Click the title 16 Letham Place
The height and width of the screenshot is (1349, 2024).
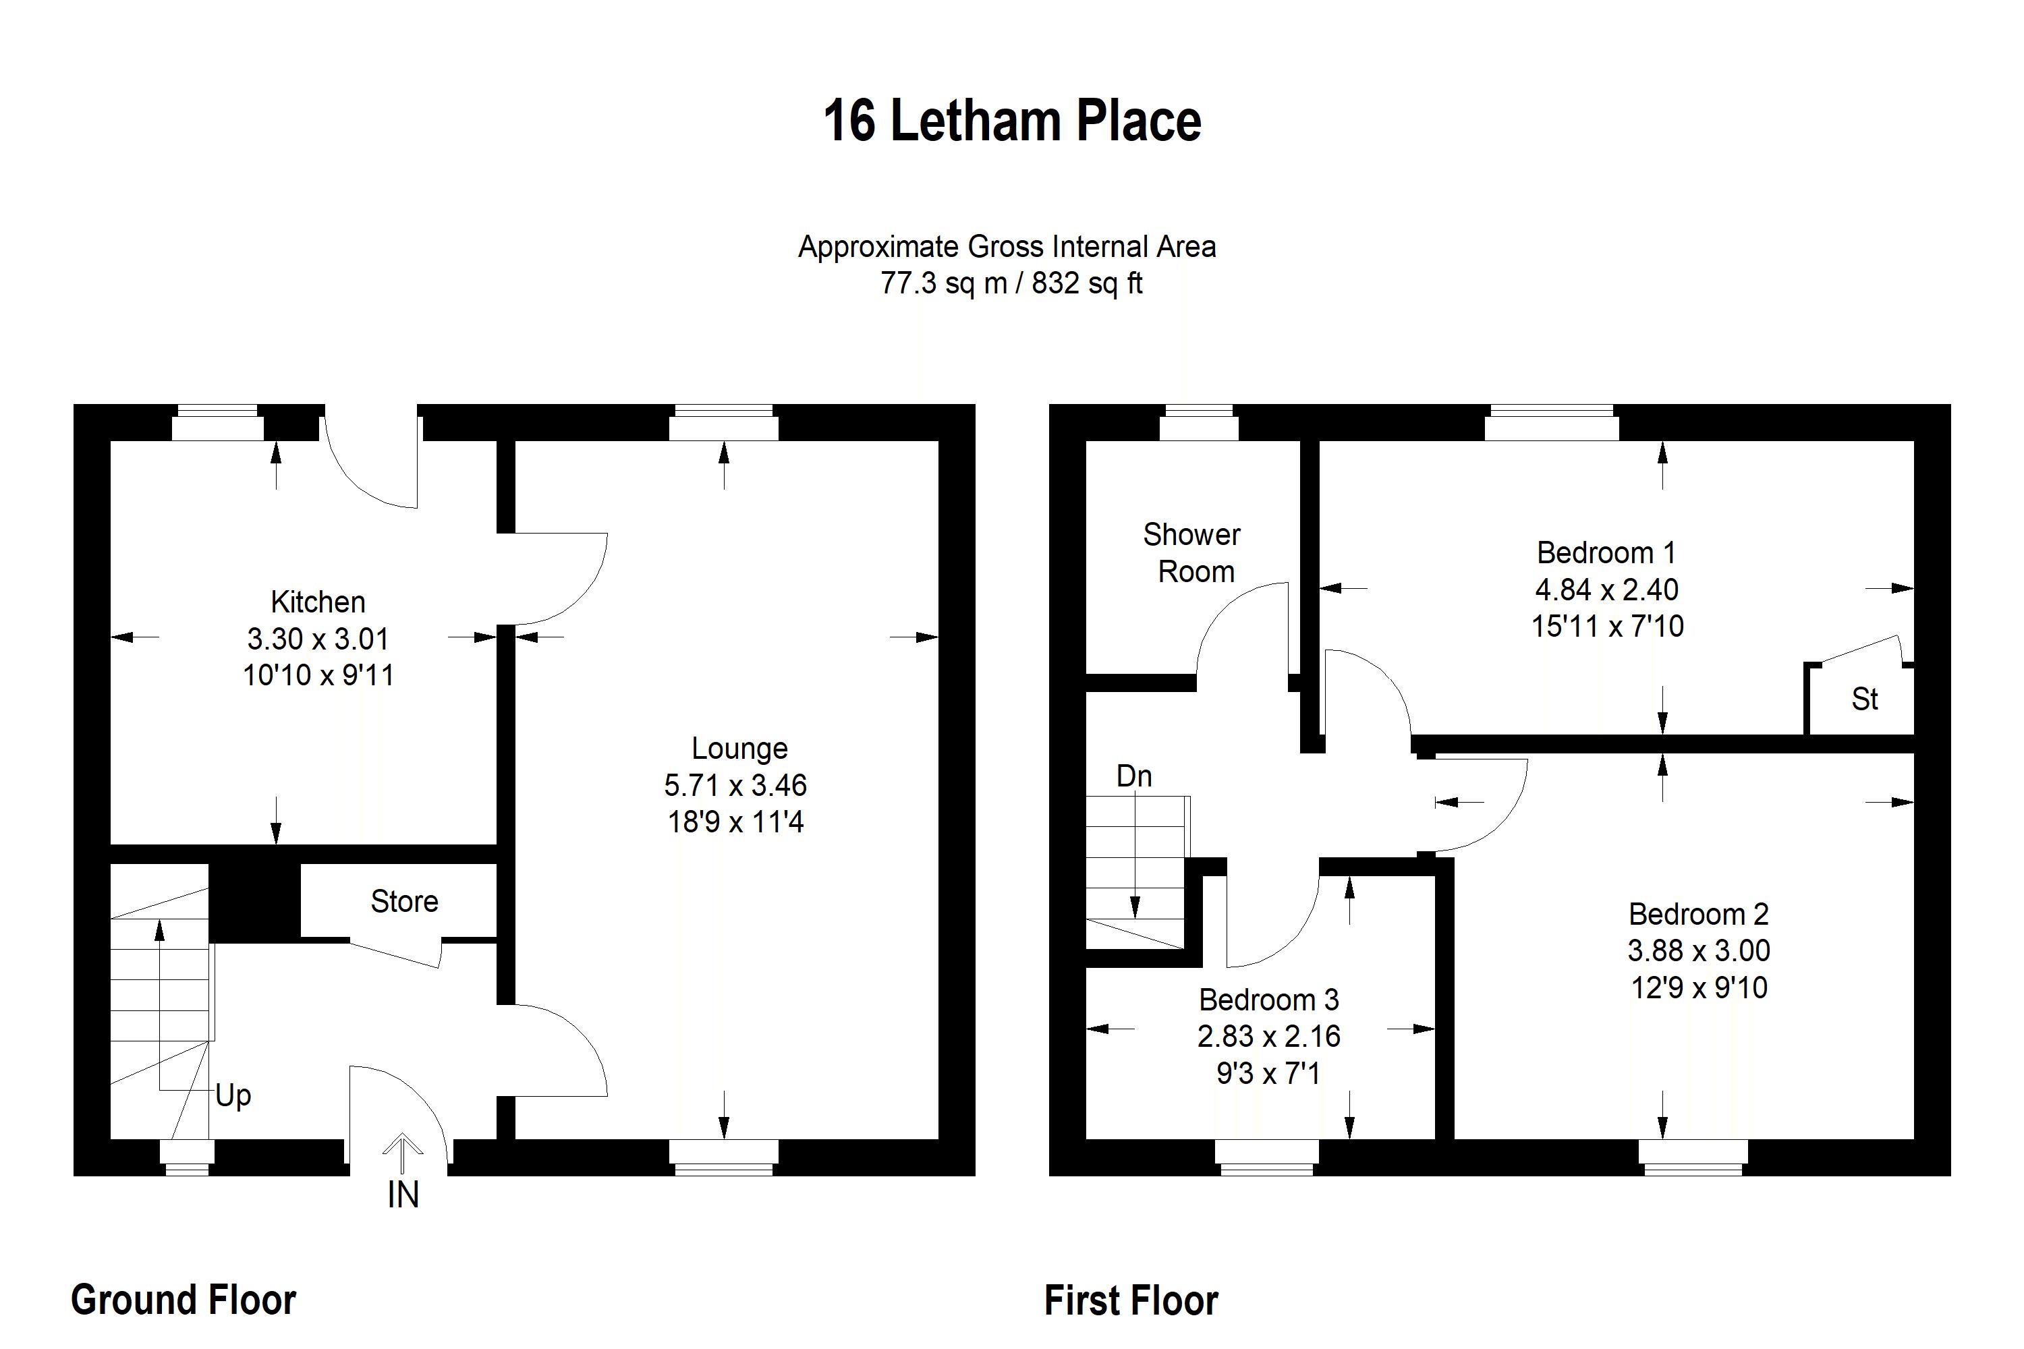[x=1011, y=121]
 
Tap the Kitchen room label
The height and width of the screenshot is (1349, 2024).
[x=318, y=602]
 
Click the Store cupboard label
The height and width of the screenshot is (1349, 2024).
[x=404, y=900]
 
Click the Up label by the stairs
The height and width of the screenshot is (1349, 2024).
[x=233, y=1095]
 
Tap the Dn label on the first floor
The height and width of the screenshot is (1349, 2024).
[x=1133, y=776]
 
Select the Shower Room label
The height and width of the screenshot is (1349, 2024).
[x=1192, y=553]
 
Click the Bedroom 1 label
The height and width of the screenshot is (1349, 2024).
[x=1606, y=552]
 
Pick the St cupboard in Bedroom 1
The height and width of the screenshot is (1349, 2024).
[x=1864, y=699]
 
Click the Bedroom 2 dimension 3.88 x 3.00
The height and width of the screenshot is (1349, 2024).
[x=1698, y=950]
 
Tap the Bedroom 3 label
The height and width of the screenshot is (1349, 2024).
[x=1268, y=1000]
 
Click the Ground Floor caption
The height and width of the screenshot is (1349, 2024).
[x=184, y=1299]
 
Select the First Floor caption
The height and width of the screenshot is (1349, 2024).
[x=1131, y=1300]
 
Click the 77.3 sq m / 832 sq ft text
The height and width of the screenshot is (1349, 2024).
[x=1011, y=283]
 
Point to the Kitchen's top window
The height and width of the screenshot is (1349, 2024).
[x=218, y=422]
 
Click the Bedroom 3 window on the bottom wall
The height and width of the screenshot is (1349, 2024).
[x=1267, y=1158]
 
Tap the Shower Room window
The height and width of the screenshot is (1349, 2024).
[x=1199, y=422]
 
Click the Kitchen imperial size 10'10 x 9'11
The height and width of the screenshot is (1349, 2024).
[x=318, y=675]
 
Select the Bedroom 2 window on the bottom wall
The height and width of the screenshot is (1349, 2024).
[x=1693, y=1158]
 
